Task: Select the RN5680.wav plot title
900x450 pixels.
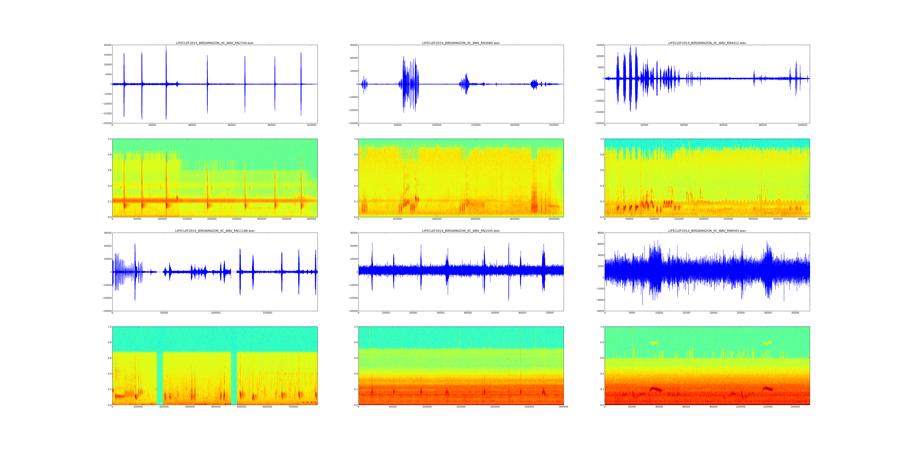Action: [x=461, y=43]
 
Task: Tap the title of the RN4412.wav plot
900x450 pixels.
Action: [x=707, y=43]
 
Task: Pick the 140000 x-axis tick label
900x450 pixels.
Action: [x=795, y=407]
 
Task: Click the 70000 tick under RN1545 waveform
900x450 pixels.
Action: [x=550, y=313]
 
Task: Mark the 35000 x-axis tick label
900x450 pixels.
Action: [x=795, y=313]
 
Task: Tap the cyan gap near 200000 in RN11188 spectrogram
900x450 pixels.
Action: [x=160, y=377]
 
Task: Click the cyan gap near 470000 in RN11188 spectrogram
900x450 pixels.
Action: [x=234, y=377]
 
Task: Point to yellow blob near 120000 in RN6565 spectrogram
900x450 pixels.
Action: [x=768, y=343]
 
